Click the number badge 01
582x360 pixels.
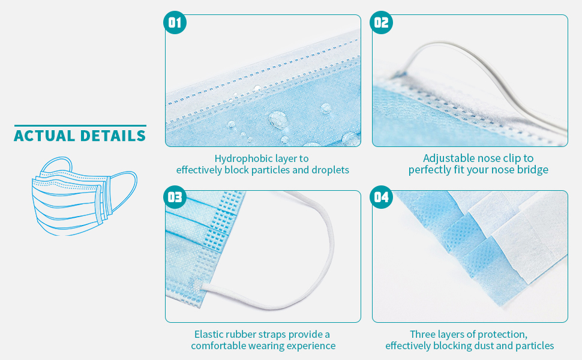click(x=175, y=23)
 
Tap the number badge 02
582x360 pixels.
click(x=382, y=23)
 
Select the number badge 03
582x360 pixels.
click(x=175, y=197)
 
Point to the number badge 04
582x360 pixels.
click(x=382, y=197)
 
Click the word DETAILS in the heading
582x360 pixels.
click(x=114, y=136)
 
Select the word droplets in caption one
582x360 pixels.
click(x=330, y=170)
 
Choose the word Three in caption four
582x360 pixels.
click(x=424, y=334)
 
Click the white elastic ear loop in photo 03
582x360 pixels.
click(x=329, y=240)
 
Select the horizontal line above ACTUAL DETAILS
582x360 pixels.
click(x=80, y=125)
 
